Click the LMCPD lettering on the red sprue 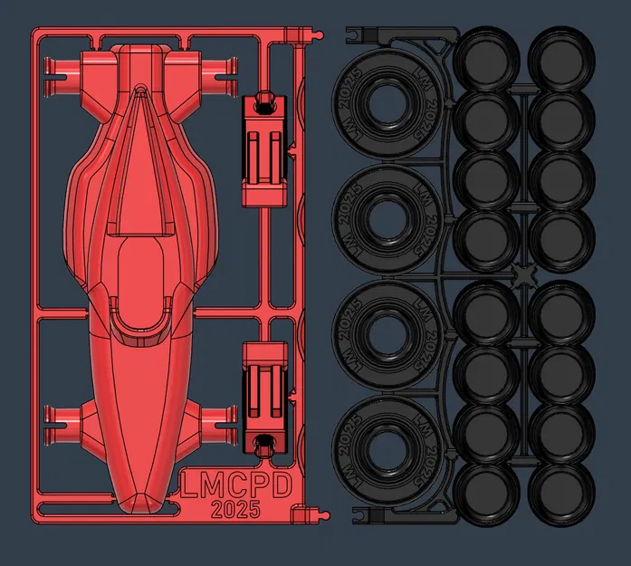click(236, 485)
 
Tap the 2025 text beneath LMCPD click(235, 509)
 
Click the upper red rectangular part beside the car click(266, 149)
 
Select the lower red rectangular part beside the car click(266, 396)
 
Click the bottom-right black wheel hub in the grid click(560, 490)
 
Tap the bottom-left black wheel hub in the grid click(486, 490)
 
